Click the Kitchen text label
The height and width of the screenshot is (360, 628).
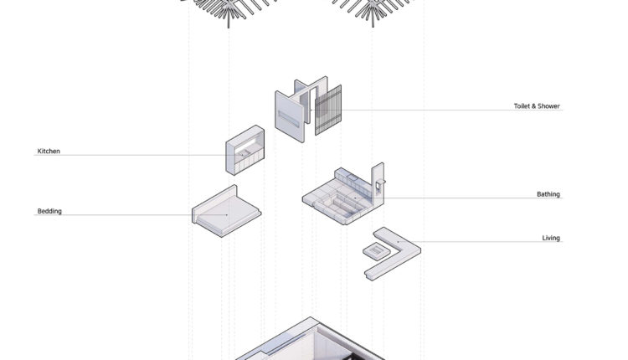point(49,151)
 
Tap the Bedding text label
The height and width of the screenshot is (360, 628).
point(49,211)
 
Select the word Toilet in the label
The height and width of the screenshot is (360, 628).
point(521,106)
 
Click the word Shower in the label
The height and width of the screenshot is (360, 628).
point(548,106)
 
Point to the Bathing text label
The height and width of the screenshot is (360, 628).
point(548,194)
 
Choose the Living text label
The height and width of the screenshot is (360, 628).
point(551,238)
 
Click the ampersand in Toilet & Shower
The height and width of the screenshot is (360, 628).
point(533,106)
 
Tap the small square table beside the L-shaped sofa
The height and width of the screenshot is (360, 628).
point(377,251)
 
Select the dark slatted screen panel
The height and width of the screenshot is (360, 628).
point(328,111)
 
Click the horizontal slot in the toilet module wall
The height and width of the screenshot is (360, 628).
point(288,119)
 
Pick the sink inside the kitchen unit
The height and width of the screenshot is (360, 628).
point(244,153)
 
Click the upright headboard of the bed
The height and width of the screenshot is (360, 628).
point(214,199)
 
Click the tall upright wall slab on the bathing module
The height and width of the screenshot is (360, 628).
point(378,184)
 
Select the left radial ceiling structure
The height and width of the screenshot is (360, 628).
point(229,10)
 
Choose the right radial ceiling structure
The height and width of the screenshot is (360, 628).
point(373,10)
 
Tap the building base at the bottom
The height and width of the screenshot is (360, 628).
point(311,341)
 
